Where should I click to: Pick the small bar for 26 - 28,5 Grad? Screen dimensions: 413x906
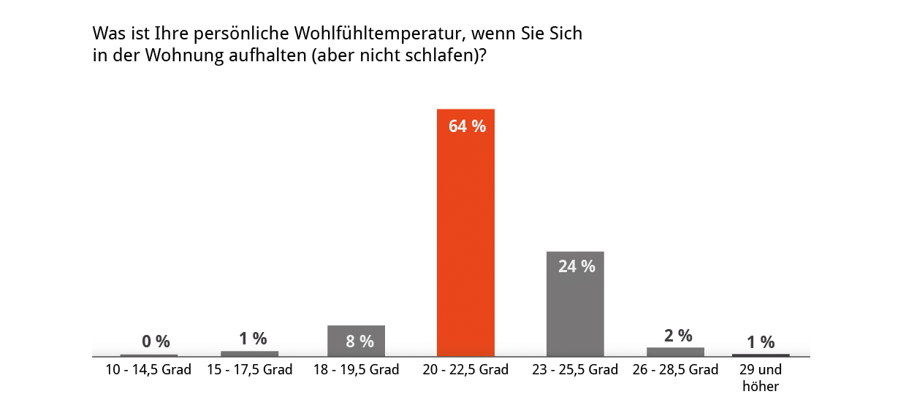pyautogui.click(x=675, y=352)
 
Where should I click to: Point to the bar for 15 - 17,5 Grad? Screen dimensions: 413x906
pyautogui.click(x=249, y=354)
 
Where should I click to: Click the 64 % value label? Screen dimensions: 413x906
pyautogui.click(x=467, y=126)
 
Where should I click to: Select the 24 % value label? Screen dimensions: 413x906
pyautogui.click(x=576, y=266)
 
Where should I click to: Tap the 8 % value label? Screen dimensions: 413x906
pyautogui.click(x=359, y=341)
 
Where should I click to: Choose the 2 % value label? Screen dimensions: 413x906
pyautogui.click(x=678, y=336)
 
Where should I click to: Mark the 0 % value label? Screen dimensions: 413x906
pyautogui.click(x=156, y=341)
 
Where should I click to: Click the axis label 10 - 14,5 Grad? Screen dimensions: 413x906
pyautogui.click(x=148, y=370)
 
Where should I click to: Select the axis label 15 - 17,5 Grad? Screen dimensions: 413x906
pyautogui.click(x=249, y=370)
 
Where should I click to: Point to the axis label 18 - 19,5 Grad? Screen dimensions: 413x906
pyautogui.click(x=356, y=370)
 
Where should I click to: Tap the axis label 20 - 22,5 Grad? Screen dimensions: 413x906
pyautogui.click(x=465, y=370)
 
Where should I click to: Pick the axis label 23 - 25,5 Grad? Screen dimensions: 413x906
pyautogui.click(x=575, y=370)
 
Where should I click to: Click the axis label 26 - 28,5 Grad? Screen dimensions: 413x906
pyautogui.click(x=675, y=370)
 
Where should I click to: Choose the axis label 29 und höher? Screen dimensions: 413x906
pyautogui.click(x=761, y=378)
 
